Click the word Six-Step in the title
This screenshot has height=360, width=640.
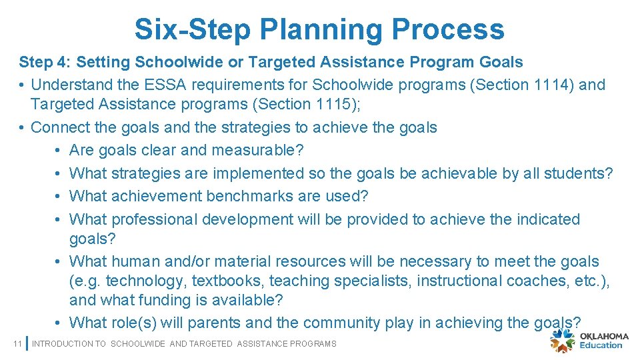click(191, 29)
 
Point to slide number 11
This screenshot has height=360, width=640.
click(18, 343)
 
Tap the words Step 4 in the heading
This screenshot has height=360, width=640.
click(43, 62)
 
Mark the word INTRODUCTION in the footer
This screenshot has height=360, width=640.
click(61, 343)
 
